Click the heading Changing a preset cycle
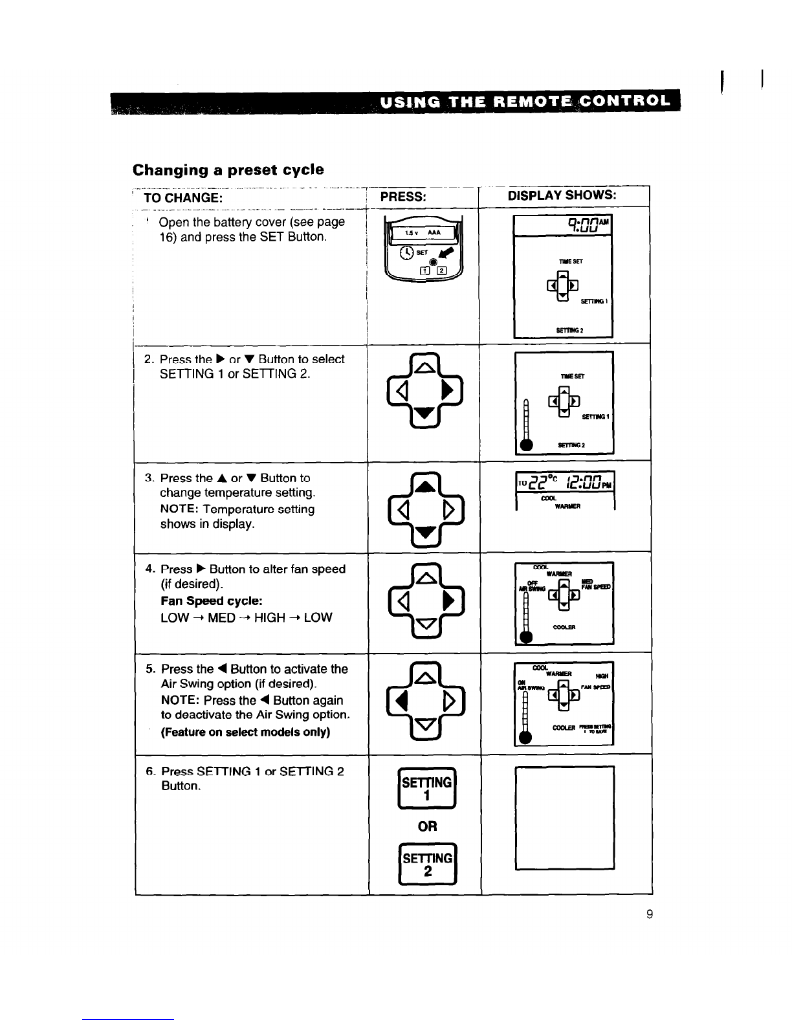[228, 170]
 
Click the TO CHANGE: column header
[182, 196]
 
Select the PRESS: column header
[402, 196]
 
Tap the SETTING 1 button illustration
[426, 788]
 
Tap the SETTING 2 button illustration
[426, 865]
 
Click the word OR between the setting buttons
[427, 826]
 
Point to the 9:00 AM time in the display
[588, 226]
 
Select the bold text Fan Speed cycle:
[211, 601]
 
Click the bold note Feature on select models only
[245, 732]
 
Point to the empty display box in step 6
[564, 817]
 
